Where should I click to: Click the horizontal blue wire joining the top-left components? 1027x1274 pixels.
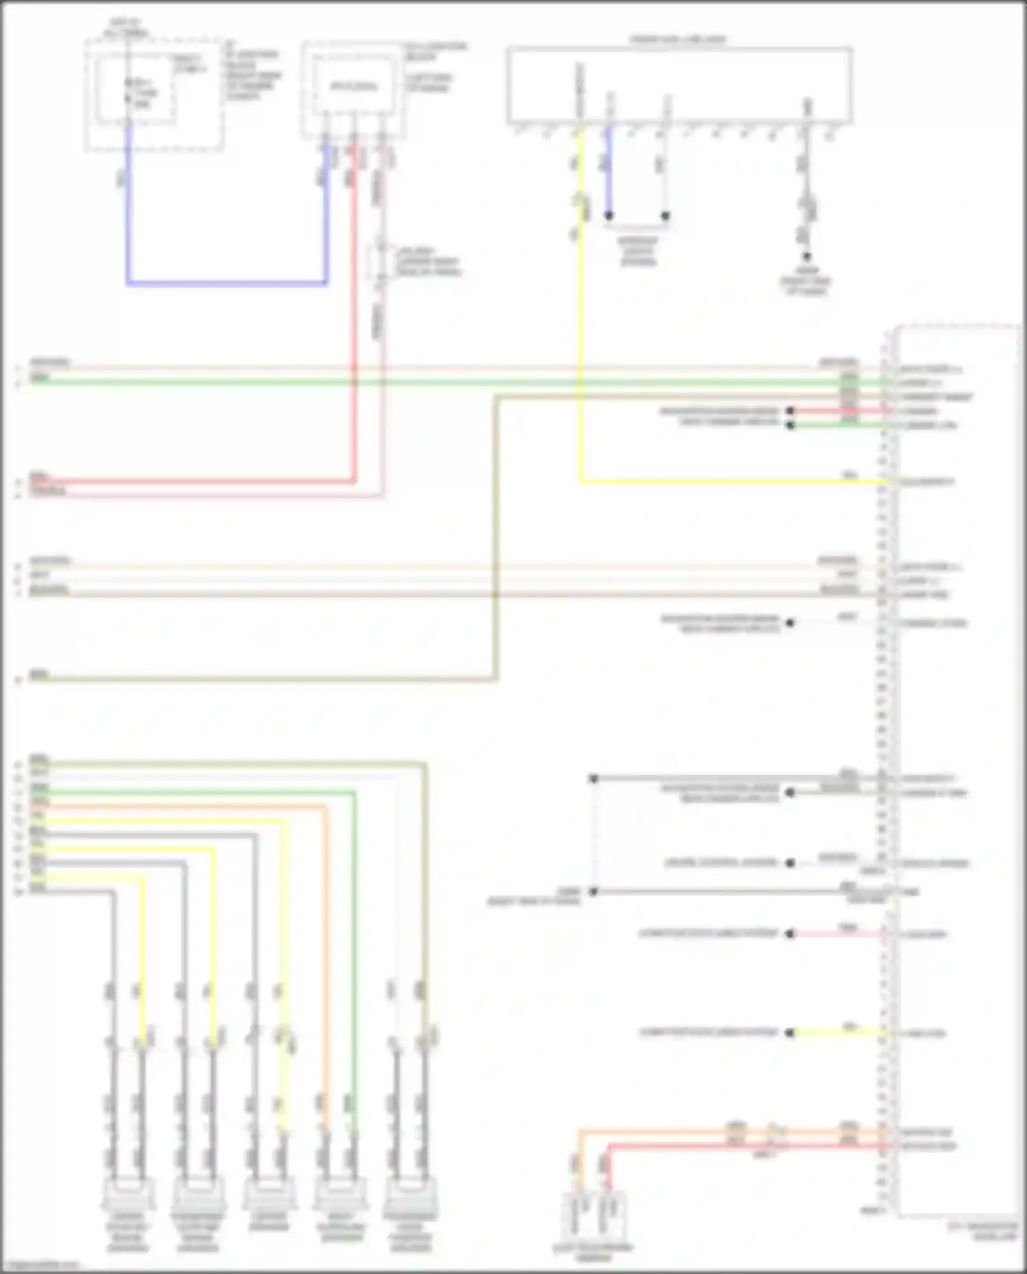tap(226, 282)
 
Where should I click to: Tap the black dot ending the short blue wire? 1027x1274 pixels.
tap(608, 216)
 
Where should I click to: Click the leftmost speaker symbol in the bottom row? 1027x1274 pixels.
tap(128, 1195)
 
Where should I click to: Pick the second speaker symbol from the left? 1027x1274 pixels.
tap(198, 1195)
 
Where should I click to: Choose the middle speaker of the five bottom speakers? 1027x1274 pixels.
tap(269, 1195)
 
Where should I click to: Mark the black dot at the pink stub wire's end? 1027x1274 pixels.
tap(789, 934)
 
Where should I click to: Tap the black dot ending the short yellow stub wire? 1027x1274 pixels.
tap(789, 1032)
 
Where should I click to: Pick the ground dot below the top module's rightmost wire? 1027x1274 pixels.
tap(807, 257)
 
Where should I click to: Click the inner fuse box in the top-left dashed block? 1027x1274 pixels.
tap(136, 91)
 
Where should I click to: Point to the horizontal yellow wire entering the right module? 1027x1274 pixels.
tap(733, 482)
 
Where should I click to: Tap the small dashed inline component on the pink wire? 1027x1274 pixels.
tap(381, 262)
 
